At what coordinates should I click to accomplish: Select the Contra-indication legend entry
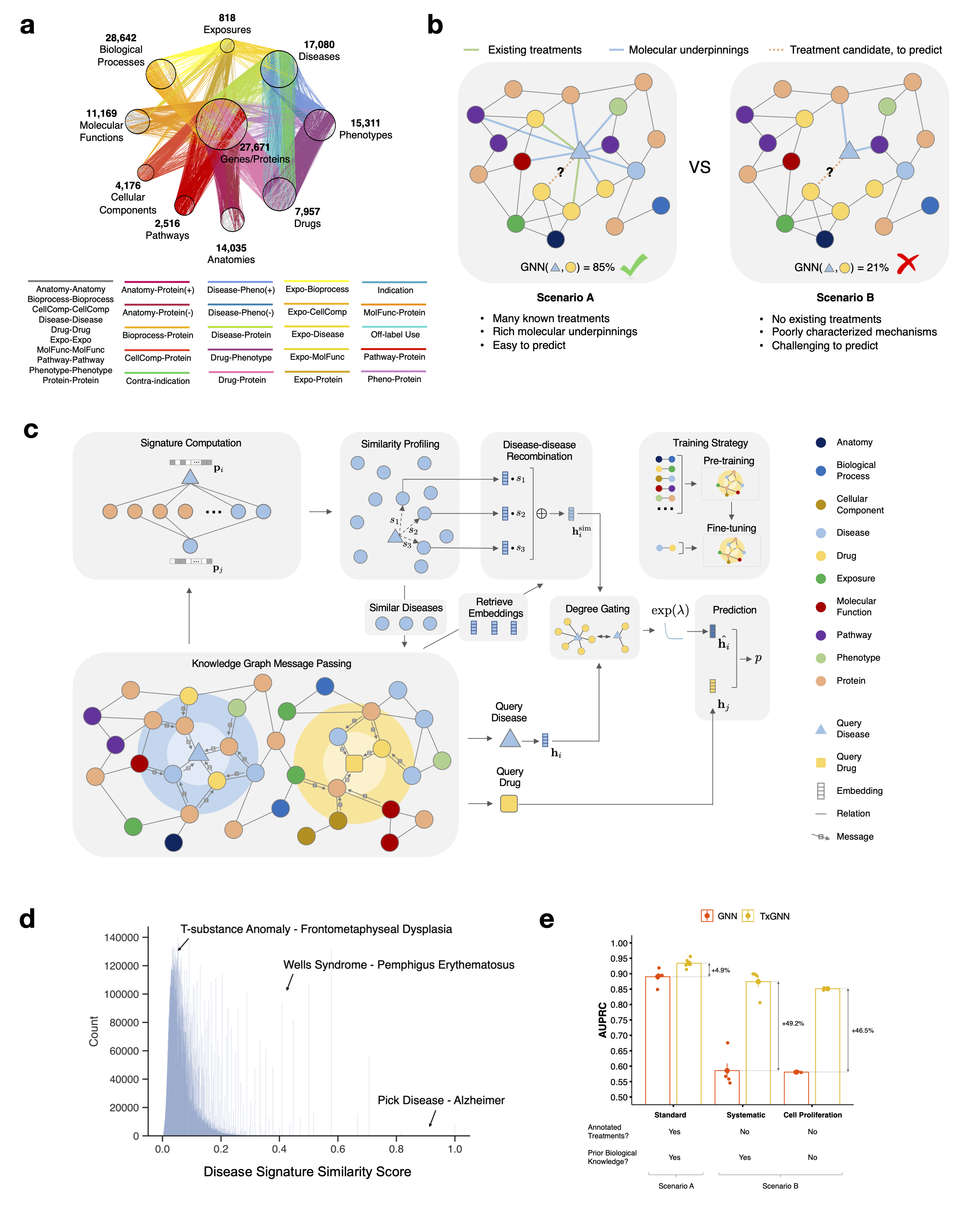[158, 381]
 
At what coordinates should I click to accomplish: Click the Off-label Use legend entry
[395, 334]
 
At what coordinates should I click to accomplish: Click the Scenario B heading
[845, 297]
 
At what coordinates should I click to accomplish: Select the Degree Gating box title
[597, 609]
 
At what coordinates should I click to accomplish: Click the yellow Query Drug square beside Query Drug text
[509, 804]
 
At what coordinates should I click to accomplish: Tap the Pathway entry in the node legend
[854, 635]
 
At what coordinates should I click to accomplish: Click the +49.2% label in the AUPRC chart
[793, 1023]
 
